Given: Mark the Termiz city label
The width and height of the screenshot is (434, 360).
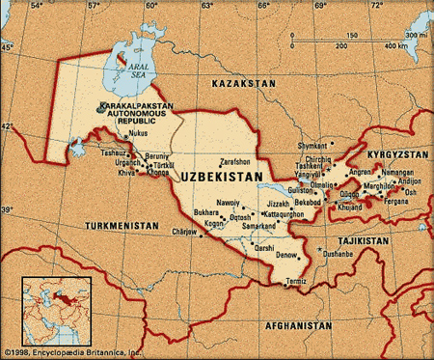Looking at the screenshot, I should (295, 281).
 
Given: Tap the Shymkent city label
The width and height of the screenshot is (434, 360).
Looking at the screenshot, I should (313, 147).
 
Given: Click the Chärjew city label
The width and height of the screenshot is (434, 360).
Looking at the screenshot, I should (183, 233).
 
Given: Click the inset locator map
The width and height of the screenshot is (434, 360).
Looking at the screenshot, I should (56, 311).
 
